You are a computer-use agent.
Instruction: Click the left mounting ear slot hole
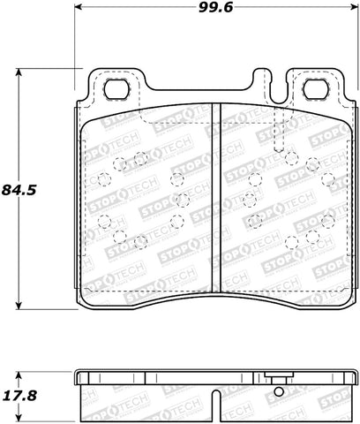(x=116, y=89)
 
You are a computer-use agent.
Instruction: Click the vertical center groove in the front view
(x=217, y=199)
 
